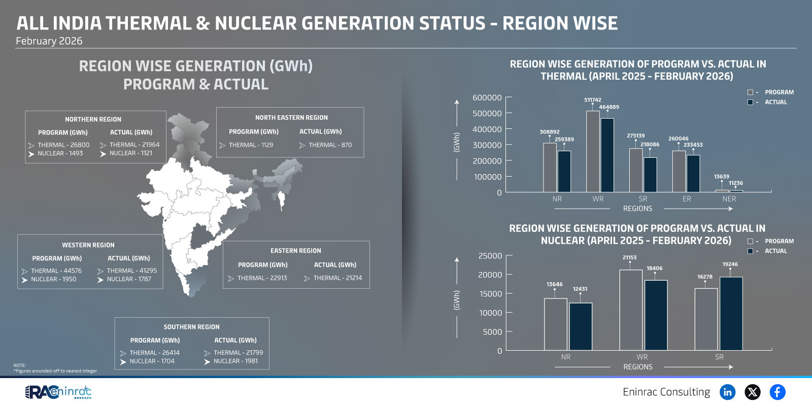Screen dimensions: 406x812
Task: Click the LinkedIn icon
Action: (727, 392)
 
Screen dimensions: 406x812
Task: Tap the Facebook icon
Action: (777, 392)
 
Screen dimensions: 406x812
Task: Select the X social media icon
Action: (753, 392)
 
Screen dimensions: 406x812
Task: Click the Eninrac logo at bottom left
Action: (58, 392)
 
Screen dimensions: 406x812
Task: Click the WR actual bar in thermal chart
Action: (607, 155)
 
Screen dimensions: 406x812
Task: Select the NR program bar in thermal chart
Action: (550, 167)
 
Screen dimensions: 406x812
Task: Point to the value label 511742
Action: (592, 100)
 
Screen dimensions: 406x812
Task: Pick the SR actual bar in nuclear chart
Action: (731, 313)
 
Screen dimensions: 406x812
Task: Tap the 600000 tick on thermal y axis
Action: (487, 97)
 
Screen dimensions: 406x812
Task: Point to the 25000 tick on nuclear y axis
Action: (490, 256)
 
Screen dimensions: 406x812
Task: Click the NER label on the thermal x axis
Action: (729, 199)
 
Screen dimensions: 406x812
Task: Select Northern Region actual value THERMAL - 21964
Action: (134, 145)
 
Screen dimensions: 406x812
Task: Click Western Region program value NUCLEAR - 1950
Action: (53, 279)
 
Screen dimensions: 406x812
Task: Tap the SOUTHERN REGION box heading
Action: (191, 327)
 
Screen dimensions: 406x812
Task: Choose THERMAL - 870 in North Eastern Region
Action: (330, 145)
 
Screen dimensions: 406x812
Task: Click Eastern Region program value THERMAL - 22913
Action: (262, 278)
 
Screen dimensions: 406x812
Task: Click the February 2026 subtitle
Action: (49, 41)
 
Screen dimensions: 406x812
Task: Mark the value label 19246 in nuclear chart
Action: (730, 264)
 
